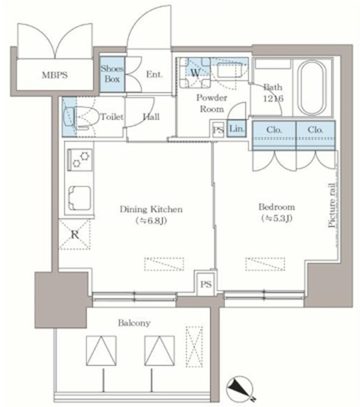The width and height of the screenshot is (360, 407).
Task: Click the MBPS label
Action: [55, 75]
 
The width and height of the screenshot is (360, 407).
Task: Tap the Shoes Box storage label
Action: [112, 74]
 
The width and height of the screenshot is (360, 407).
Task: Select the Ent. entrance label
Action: [154, 74]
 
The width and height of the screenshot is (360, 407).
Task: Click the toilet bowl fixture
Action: [83, 117]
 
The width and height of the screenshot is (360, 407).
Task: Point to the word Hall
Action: [151, 117]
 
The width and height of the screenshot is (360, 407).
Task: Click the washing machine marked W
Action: [195, 73]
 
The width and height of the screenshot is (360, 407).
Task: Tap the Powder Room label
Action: [212, 103]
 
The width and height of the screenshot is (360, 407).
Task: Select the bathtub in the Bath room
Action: [312, 88]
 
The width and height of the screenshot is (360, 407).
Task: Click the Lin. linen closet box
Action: [237, 128]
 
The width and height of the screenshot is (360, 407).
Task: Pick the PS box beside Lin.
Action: [218, 129]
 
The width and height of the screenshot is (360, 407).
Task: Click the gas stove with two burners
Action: [80, 160]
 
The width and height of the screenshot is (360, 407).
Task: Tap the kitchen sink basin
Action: [80, 198]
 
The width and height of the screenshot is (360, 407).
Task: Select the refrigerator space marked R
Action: [75, 235]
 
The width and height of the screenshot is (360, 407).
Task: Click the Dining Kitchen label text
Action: [151, 209]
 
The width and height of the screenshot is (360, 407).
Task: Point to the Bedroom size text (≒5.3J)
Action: [277, 218]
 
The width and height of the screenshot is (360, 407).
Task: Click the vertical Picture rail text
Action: [331, 205]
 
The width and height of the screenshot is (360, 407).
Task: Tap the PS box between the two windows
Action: [206, 284]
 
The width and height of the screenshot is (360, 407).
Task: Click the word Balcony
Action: [134, 322]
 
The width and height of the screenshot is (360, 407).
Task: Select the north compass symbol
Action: [240, 389]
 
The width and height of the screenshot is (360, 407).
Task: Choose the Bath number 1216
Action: [273, 99]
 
